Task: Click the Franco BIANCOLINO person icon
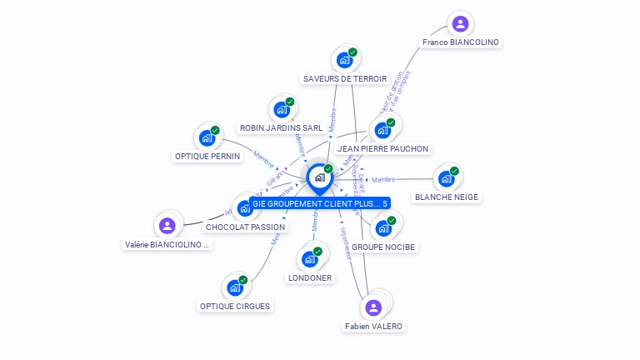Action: [460, 23]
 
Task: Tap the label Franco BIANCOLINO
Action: [461, 42]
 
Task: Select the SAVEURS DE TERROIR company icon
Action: [345, 59]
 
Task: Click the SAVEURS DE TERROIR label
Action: [345, 79]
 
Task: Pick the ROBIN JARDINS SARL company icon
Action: [283, 109]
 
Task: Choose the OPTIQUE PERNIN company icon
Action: [207, 137]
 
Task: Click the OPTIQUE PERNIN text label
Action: [207, 156]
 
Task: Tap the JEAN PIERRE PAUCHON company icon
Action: [383, 130]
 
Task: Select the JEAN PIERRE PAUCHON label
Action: [382, 149]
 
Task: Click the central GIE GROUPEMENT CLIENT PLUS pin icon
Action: [320, 177]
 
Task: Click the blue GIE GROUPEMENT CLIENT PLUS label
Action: [320, 203]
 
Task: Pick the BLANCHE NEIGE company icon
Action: [447, 177]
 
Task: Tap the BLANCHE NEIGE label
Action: [447, 197]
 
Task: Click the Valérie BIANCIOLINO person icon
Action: [167, 225]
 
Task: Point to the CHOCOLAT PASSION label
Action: [245, 227]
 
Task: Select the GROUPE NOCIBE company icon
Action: [384, 227]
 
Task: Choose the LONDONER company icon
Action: [310, 258]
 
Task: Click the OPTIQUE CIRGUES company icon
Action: [236, 287]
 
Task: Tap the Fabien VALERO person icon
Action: [373, 307]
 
